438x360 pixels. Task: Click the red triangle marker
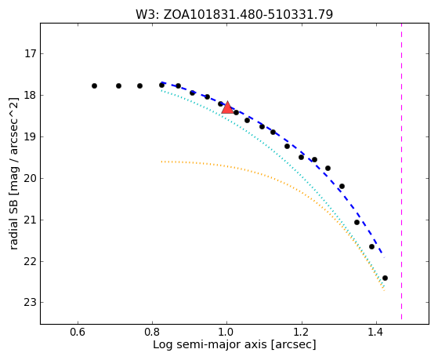228,107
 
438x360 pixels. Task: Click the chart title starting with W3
234,15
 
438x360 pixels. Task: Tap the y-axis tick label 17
31,53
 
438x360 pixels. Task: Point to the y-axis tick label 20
31,178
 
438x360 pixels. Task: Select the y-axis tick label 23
31,303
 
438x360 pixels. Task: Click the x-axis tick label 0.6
78,333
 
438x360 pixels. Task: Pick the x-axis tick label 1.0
226,333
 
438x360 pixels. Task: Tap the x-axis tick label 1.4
376,333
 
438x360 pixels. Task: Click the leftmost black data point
94,85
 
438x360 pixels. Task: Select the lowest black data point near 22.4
385,278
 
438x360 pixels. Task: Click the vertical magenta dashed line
402,171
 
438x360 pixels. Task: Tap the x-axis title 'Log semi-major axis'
210,344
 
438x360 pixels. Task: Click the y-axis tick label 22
31,261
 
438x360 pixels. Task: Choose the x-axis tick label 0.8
152,333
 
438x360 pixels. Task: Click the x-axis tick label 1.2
302,333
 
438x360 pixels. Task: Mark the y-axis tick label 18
31,95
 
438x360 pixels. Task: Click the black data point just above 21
357,223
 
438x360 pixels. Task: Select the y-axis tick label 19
31,136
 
